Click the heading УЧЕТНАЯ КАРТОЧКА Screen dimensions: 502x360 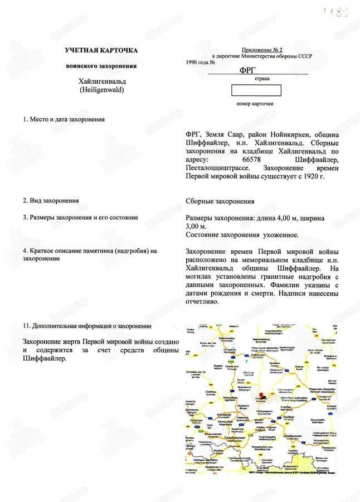click(101, 51)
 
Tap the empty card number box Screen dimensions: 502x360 click(256, 90)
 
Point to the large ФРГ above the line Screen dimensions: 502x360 click(247, 70)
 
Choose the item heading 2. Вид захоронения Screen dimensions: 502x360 click(51, 200)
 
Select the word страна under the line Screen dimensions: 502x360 click(262, 79)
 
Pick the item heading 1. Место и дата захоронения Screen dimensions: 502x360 click(62, 119)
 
